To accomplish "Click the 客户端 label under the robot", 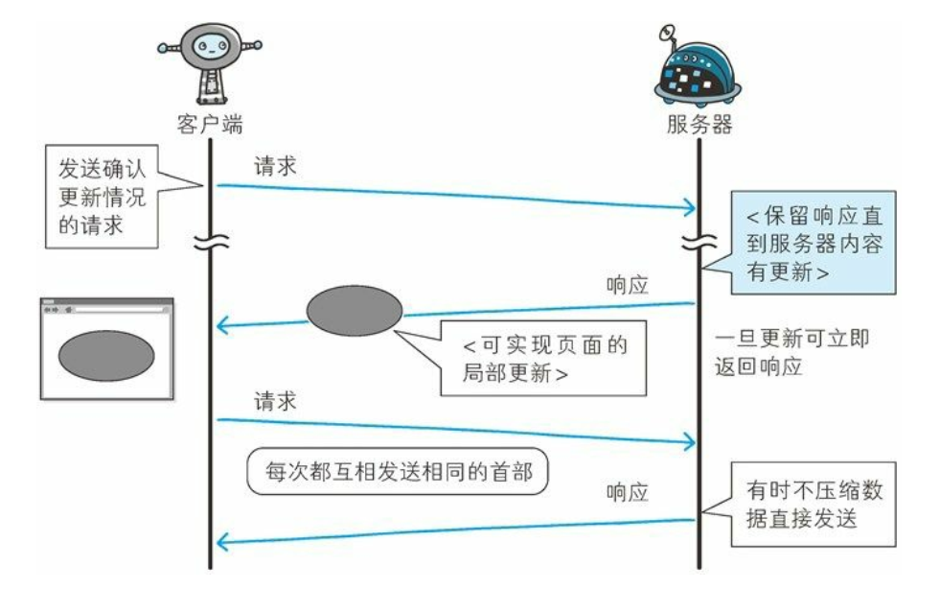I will click(210, 125).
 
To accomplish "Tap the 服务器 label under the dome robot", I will click(699, 125).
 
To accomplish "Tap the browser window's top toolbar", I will click(106, 309).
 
